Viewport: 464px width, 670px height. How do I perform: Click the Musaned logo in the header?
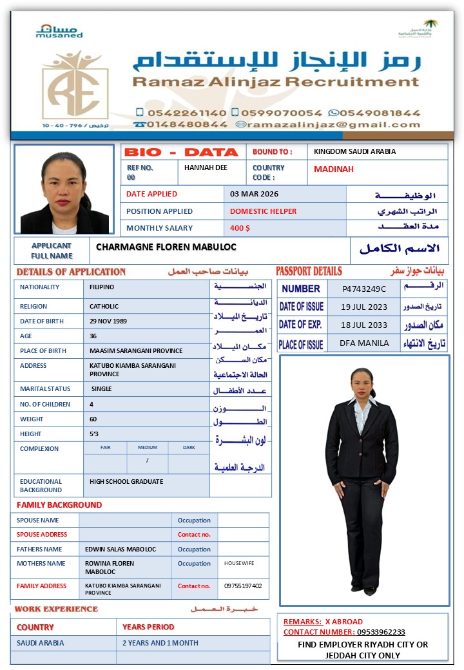point(59,30)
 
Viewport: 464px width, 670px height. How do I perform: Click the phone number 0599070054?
point(282,112)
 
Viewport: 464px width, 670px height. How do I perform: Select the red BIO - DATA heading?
point(181,152)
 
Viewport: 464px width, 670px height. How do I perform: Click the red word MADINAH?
point(334,169)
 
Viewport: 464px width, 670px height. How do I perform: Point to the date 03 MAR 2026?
point(255,194)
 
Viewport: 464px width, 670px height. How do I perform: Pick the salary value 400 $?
point(240,228)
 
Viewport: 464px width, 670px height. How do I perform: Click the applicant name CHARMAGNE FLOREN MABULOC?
point(166,247)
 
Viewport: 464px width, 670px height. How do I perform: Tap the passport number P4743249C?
point(364,289)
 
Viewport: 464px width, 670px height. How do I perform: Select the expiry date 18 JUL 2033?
point(364,325)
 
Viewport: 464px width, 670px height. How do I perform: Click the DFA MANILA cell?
point(364,343)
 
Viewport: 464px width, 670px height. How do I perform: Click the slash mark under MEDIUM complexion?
point(148,460)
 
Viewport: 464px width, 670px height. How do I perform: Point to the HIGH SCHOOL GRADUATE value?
point(126,481)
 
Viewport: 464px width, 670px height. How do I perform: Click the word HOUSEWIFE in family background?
point(239,563)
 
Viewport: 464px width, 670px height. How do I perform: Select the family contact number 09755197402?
point(243,586)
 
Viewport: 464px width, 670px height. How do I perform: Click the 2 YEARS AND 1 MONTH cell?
point(160,643)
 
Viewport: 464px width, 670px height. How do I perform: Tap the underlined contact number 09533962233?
point(363,632)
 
